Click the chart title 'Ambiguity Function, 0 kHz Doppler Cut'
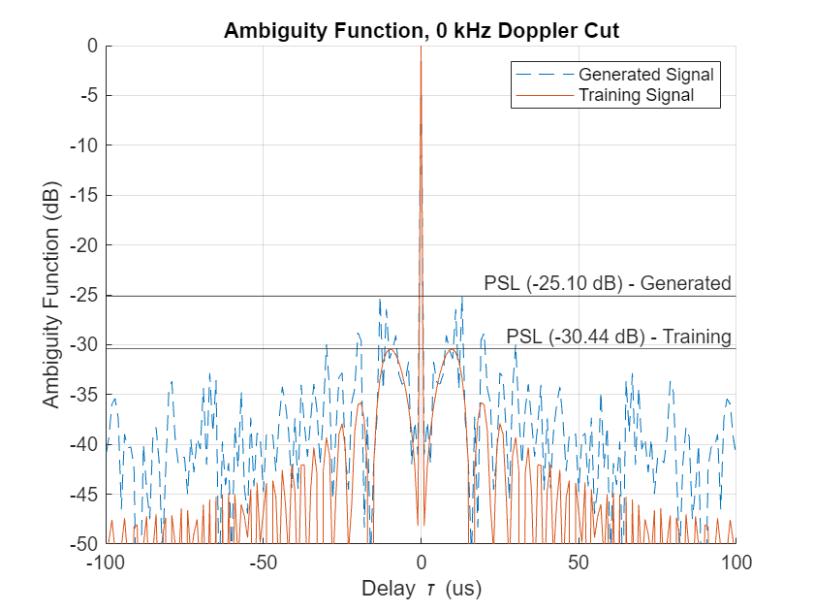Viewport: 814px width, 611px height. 421,30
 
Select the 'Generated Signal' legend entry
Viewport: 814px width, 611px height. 645,75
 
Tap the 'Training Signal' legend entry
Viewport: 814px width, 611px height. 636,95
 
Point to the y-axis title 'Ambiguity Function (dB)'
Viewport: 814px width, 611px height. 49,294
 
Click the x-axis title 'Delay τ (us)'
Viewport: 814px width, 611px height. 421,589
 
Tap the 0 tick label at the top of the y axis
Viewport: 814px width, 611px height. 92,46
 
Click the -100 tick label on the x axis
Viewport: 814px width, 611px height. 107,563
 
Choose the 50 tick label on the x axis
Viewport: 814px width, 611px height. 579,563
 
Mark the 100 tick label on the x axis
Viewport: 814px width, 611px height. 736,563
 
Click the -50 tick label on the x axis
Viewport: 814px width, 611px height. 264,563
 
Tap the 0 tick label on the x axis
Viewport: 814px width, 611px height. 421,563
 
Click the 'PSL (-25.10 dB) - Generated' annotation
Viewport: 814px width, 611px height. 607,283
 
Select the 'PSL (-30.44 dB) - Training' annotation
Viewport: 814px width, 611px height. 618,337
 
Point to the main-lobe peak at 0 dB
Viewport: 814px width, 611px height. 421,47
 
